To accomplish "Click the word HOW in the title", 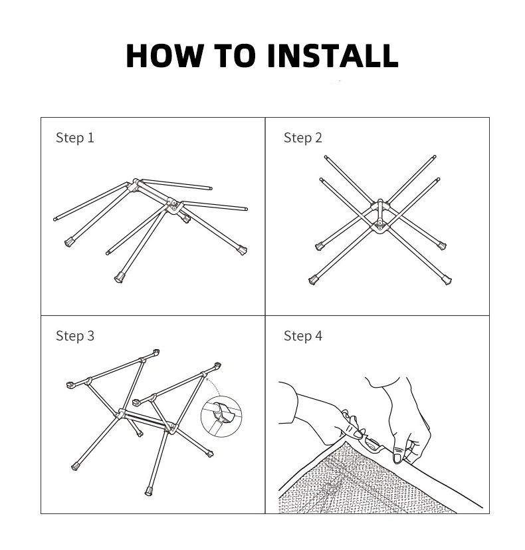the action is (164, 55).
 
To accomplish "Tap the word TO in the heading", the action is (235, 55).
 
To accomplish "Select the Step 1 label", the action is (75, 138).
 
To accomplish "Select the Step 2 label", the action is (303, 138).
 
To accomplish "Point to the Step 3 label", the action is (75, 336).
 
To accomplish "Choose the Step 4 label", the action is (303, 336).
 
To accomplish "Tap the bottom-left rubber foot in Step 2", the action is (313, 280).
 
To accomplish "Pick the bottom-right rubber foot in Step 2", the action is (447, 280).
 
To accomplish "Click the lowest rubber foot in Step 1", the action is (119, 278).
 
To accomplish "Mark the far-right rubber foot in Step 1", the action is (242, 250).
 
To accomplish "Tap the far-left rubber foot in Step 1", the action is (69, 241).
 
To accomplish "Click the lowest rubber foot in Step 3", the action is (149, 491).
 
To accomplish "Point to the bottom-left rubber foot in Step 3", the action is (74, 466).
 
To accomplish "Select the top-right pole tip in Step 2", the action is (435, 157).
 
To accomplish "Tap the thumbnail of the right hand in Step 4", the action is (398, 458).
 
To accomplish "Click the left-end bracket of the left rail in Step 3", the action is (70, 385).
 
